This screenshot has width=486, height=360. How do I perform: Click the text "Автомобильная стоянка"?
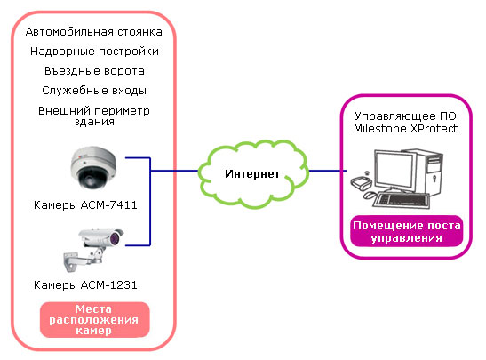pos(94,32)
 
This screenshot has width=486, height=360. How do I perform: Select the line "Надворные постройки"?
pos(94,52)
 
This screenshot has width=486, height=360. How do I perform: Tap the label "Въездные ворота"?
pos(94,71)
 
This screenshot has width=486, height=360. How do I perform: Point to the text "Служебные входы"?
pos(94,91)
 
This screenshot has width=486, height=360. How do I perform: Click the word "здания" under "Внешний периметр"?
pos(94,122)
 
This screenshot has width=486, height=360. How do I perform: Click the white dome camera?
pos(93,167)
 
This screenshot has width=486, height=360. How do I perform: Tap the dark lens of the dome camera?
pos(92,179)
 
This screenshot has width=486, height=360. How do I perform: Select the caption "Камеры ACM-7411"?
pos(85,205)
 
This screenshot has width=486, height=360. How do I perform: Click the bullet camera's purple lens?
pos(115,238)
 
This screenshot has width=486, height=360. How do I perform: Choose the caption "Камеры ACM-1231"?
pos(85,285)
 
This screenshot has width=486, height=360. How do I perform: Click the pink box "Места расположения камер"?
pos(94,320)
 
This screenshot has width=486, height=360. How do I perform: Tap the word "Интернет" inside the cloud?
pos(252,174)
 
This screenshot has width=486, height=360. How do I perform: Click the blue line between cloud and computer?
pos(328,171)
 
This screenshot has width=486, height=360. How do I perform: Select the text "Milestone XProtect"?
pos(406,129)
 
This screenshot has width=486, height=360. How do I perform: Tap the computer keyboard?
pos(401,200)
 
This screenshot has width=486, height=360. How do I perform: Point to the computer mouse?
pos(370,196)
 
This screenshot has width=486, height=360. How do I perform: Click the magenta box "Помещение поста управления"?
pos(406,231)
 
